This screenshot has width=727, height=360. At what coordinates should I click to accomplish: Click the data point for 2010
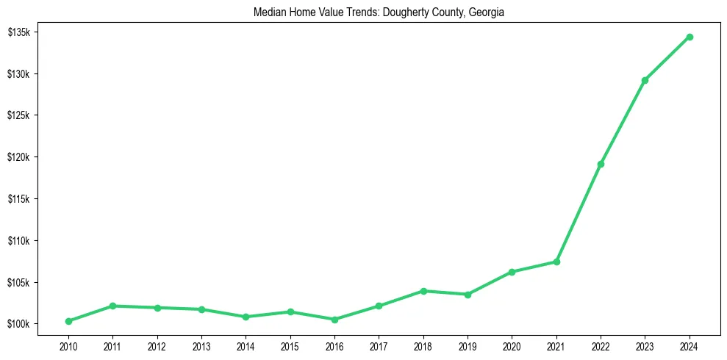point(68,321)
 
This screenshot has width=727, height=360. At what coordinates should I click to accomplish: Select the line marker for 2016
point(334,320)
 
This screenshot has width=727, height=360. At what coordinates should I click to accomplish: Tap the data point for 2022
point(601,164)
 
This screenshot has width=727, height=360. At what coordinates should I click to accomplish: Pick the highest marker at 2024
point(690,37)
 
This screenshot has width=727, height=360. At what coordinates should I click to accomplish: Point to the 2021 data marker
point(556,262)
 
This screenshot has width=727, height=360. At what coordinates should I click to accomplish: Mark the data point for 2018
point(423,291)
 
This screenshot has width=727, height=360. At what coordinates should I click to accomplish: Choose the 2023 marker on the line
point(645,80)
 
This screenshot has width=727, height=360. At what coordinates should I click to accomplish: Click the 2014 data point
point(246,317)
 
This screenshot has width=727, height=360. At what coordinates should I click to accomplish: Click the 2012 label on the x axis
point(157,345)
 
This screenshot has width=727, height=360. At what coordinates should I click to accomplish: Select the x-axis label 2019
point(468,345)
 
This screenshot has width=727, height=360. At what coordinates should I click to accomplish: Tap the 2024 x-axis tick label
point(690,345)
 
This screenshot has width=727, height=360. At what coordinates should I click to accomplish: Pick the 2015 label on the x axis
point(290,345)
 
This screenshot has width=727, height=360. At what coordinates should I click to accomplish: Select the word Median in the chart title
point(268,12)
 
